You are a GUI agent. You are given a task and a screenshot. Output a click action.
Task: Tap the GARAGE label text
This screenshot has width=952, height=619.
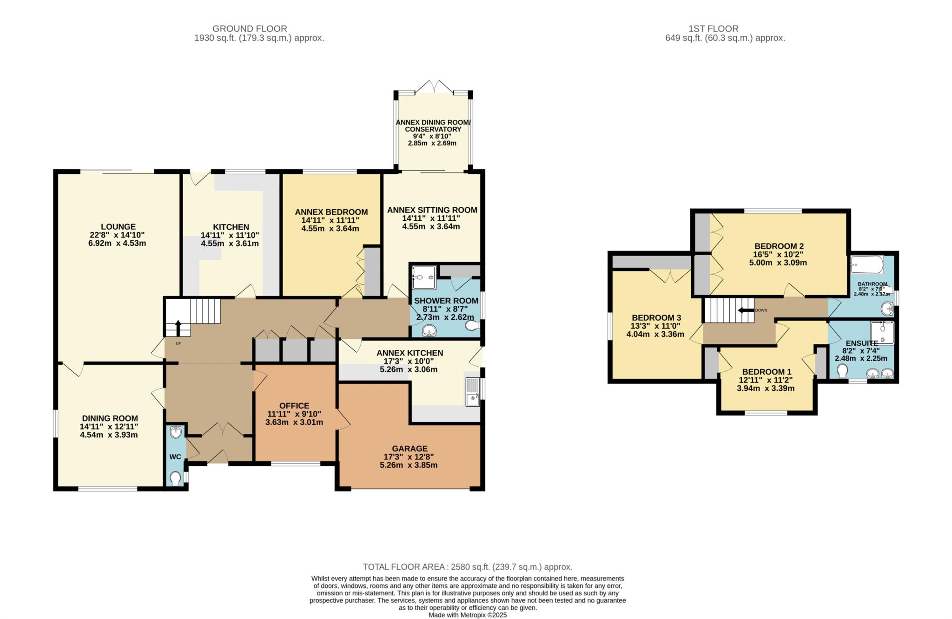(409, 448)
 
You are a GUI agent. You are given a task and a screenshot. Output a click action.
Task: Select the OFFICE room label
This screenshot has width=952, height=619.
(294, 406)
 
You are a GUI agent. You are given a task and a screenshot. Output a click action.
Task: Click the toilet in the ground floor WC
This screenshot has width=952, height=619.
(175, 478)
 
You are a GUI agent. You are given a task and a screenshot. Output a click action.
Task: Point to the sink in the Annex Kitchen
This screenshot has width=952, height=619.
(473, 391)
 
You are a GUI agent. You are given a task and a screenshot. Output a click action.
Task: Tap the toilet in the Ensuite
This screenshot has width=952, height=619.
(842, 372)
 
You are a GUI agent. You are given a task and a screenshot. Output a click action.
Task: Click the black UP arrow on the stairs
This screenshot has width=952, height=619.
(177, 328)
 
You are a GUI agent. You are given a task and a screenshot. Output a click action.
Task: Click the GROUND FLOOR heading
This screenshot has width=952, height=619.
(250, 29)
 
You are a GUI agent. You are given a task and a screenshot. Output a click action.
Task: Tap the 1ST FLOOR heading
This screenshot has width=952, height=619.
(725, 29)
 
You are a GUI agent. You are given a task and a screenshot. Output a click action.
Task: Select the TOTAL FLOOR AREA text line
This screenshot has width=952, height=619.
(467, 567)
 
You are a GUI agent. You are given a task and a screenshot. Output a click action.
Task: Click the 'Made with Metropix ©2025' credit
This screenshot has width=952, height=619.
(468, 615)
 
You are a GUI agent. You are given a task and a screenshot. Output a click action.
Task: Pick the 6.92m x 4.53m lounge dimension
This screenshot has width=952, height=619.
(117, 243)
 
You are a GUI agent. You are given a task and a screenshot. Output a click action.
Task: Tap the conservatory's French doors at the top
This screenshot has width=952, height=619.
(433, 87)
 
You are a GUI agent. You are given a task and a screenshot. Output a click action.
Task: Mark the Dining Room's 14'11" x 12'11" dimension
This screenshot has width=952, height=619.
(109, 427)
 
